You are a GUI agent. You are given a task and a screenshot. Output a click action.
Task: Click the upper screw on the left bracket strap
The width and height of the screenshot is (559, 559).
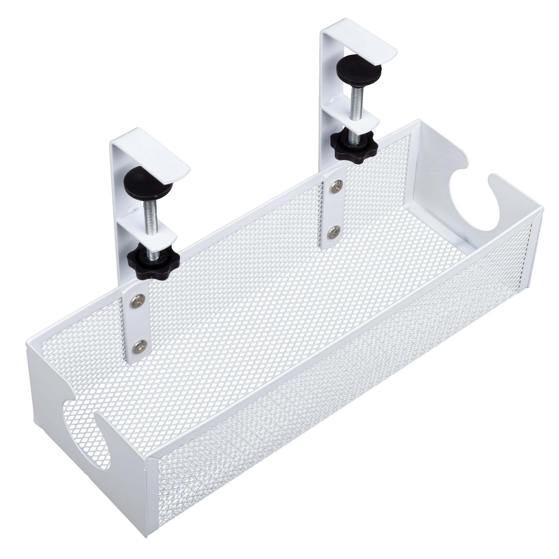click(138, 301)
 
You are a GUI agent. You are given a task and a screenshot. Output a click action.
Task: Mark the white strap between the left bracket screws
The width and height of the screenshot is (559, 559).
click(138, 323)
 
